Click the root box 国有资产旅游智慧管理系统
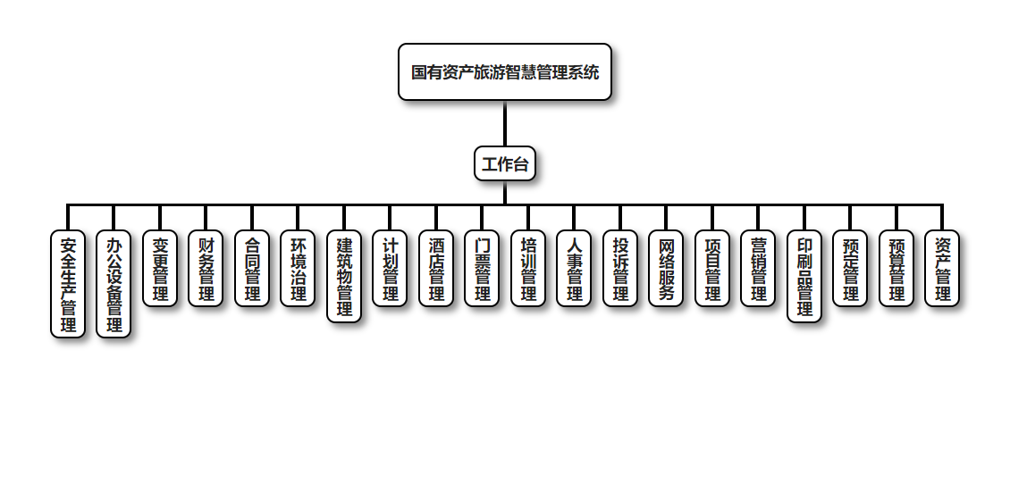tap(505, 72)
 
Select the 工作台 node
tap(505, 163)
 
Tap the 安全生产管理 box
tap(68, 284)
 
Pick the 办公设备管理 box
tap(114, 284)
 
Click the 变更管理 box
tap(160, 269)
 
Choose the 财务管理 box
tap(206, 269)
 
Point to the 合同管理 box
tap(252, 269)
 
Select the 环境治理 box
tap(298, 269)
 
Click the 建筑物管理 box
tap(344, 276)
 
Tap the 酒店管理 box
tap(436, 269)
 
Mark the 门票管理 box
tap(482, 269)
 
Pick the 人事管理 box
tap(574, 269)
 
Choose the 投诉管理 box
tap(620, 269)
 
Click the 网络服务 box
tap(666, 269)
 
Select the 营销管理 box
tap(758, 269)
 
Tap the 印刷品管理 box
tap(804, 276)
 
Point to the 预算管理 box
tap(896, 269)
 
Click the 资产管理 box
tap(942, 269)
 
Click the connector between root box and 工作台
tap(505, 123)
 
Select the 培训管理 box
tap(528, 269)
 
